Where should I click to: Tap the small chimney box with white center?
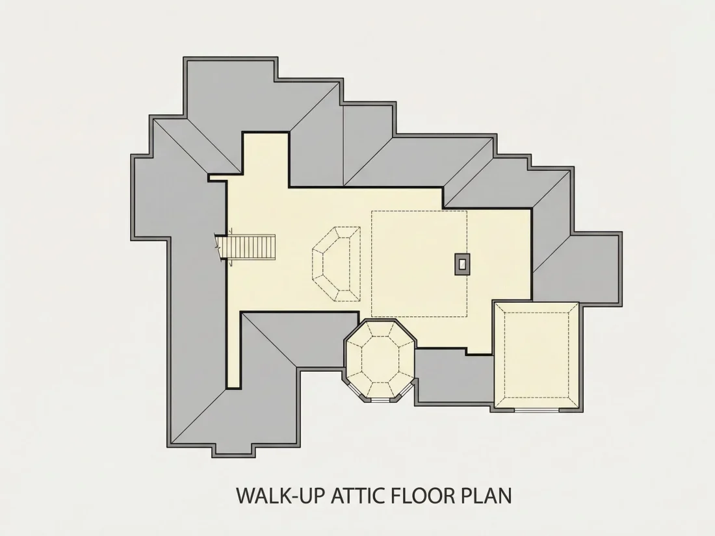coord(462,264)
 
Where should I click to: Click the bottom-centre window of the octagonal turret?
coord(380,400)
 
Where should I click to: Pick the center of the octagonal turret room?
coord(380,360)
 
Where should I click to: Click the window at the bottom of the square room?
coord(537,410)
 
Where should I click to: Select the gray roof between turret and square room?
coord(454,376)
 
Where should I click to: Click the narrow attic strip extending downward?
coord(233,349)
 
